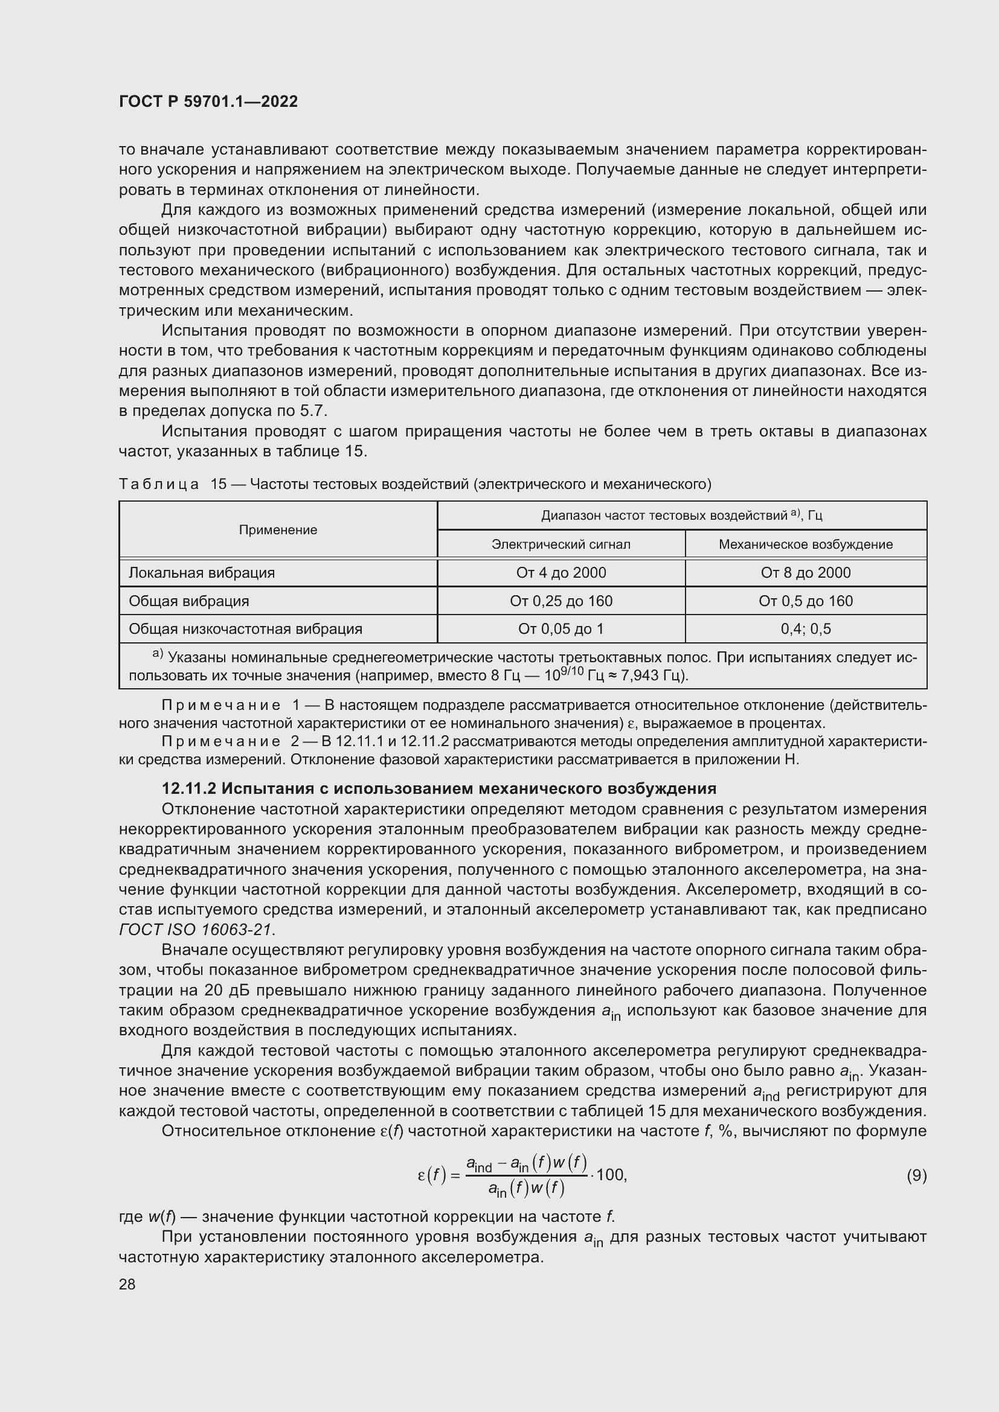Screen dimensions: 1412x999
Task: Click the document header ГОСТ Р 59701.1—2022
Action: point(208,101)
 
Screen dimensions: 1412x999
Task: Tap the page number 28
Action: point(127,1284)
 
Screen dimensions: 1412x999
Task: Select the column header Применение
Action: point(278,530)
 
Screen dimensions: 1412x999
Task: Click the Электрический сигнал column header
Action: point(561,545)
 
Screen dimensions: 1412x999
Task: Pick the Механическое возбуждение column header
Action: point(805,545)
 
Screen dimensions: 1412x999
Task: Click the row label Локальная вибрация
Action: point(202,573)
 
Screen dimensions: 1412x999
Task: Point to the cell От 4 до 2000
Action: point(561,573)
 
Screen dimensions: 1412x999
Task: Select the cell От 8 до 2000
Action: point(805,573)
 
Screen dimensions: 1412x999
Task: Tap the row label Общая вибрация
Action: point(189,601)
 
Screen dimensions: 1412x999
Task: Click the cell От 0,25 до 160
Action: point(561,601)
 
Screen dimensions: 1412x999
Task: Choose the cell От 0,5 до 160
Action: point(805,601)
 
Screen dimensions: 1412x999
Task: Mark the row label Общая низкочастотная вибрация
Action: point(245,629)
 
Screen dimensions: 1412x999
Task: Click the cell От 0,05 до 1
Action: point(561,629)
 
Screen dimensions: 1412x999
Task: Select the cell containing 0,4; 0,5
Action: point(805,629)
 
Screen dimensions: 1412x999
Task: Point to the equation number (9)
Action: point(916,1175)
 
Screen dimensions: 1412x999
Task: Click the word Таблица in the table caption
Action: point(159,485)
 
